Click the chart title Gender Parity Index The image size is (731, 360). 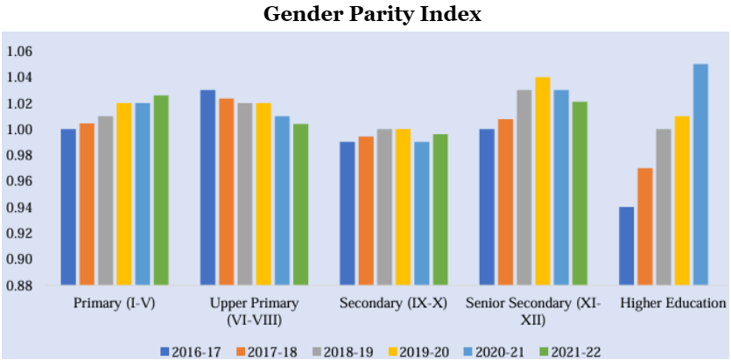(365, 15)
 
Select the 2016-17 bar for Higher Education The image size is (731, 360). (625, 246)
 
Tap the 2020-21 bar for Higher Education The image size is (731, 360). (700, 174)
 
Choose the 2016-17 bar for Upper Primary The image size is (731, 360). (207, 187)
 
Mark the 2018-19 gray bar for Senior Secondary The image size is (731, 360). (524, 187)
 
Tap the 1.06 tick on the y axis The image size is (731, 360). (18, 52)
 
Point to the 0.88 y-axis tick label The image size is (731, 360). (18, 286)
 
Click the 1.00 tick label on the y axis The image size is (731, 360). (18, 130)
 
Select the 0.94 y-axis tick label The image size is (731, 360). (18, 208)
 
